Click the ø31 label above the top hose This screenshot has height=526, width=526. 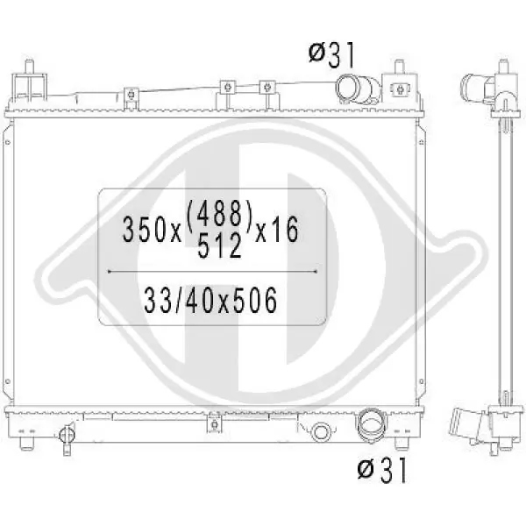click(x=331, y=56)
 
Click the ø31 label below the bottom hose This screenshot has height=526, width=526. click(x=381, y=470)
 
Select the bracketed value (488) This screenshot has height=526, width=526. click(x=218, y=213)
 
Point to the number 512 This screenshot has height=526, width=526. click(x=220, y=245)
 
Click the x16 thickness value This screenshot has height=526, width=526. click(x=277, y=230)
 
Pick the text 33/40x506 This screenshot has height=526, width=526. click(x=210, y=300)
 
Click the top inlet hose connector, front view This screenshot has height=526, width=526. click(x=359, y=89)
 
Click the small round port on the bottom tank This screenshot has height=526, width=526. click(x=320, y=432)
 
